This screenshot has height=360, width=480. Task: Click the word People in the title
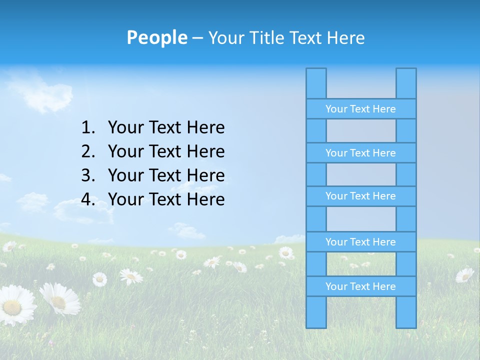click(x=156, y=37)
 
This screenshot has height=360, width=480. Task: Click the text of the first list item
click(x=166, y=128)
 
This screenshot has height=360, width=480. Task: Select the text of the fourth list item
click(x=166, y=199)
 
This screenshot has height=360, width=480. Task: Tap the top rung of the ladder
click(x=360, y=109)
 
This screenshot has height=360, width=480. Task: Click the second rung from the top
click(x=360, y=153)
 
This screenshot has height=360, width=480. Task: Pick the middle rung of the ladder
click(x=360, y=196)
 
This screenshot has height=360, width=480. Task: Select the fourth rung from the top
click(x=360, y=242)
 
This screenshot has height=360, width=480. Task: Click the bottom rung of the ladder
click(x=360, y=286)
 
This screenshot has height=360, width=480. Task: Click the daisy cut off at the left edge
click(x=15, y=305)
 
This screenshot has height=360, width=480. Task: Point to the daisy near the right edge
click(x=464, y=274)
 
